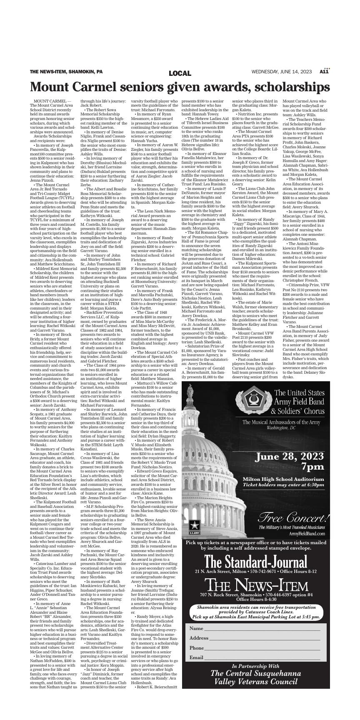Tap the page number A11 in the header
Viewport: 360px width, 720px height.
[324, 72]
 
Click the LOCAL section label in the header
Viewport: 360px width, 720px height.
[180, 73]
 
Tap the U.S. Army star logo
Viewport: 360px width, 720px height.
[194, 525]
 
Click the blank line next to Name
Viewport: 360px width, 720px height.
[262, 628]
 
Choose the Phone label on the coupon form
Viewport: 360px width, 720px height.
[196, 648]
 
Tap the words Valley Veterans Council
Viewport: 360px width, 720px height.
[256, 682]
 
